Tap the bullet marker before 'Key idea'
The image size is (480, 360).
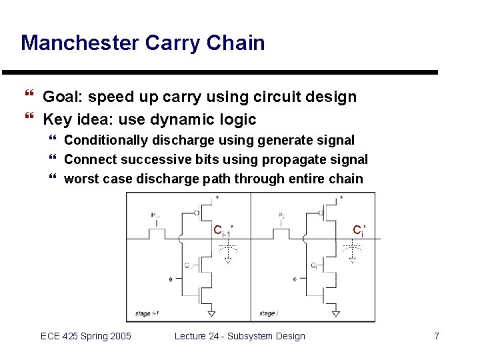[x=28, y=120]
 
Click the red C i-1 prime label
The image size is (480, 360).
[x=223, y=231]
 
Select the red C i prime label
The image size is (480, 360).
[x=358, y=231]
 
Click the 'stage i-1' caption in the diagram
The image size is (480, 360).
[x=147, y=313]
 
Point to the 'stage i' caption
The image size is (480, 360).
[x=267, y=313]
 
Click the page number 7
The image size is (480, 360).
[x=437, y=336]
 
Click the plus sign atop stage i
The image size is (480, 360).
[x=341, y=197]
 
